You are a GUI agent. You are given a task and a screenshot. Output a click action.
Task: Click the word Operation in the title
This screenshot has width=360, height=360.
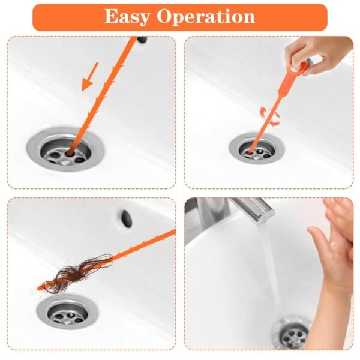coord(205,17)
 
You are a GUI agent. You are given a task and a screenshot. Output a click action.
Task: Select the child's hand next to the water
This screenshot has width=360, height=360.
coord(333,240)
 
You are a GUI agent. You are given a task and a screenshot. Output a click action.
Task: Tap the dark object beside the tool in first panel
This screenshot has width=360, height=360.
coord(142,40)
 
